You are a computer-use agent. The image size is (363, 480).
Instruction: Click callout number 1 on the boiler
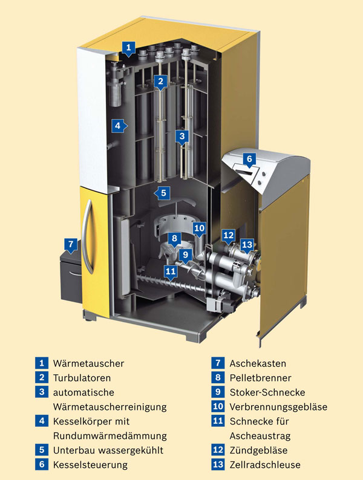[128, 47]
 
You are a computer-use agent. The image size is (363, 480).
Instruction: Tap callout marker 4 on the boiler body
[119, 126]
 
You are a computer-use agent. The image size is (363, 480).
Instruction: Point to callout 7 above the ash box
[71, 245]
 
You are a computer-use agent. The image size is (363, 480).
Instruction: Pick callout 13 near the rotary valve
[247, 244]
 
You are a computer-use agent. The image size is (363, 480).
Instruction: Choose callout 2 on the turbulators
[160, 80]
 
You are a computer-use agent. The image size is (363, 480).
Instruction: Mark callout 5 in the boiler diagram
[162, 193]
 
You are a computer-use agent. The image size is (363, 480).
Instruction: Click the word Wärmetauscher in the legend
[88, 363]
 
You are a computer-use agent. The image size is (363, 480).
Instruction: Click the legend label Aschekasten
[258, 363]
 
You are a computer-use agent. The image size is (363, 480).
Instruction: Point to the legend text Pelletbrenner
[260, 378]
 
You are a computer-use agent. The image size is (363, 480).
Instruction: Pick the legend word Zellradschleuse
[265, 465]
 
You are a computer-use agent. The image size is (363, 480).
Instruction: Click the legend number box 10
[218, 407]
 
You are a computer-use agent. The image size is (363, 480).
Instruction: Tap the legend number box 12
[218, 450]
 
